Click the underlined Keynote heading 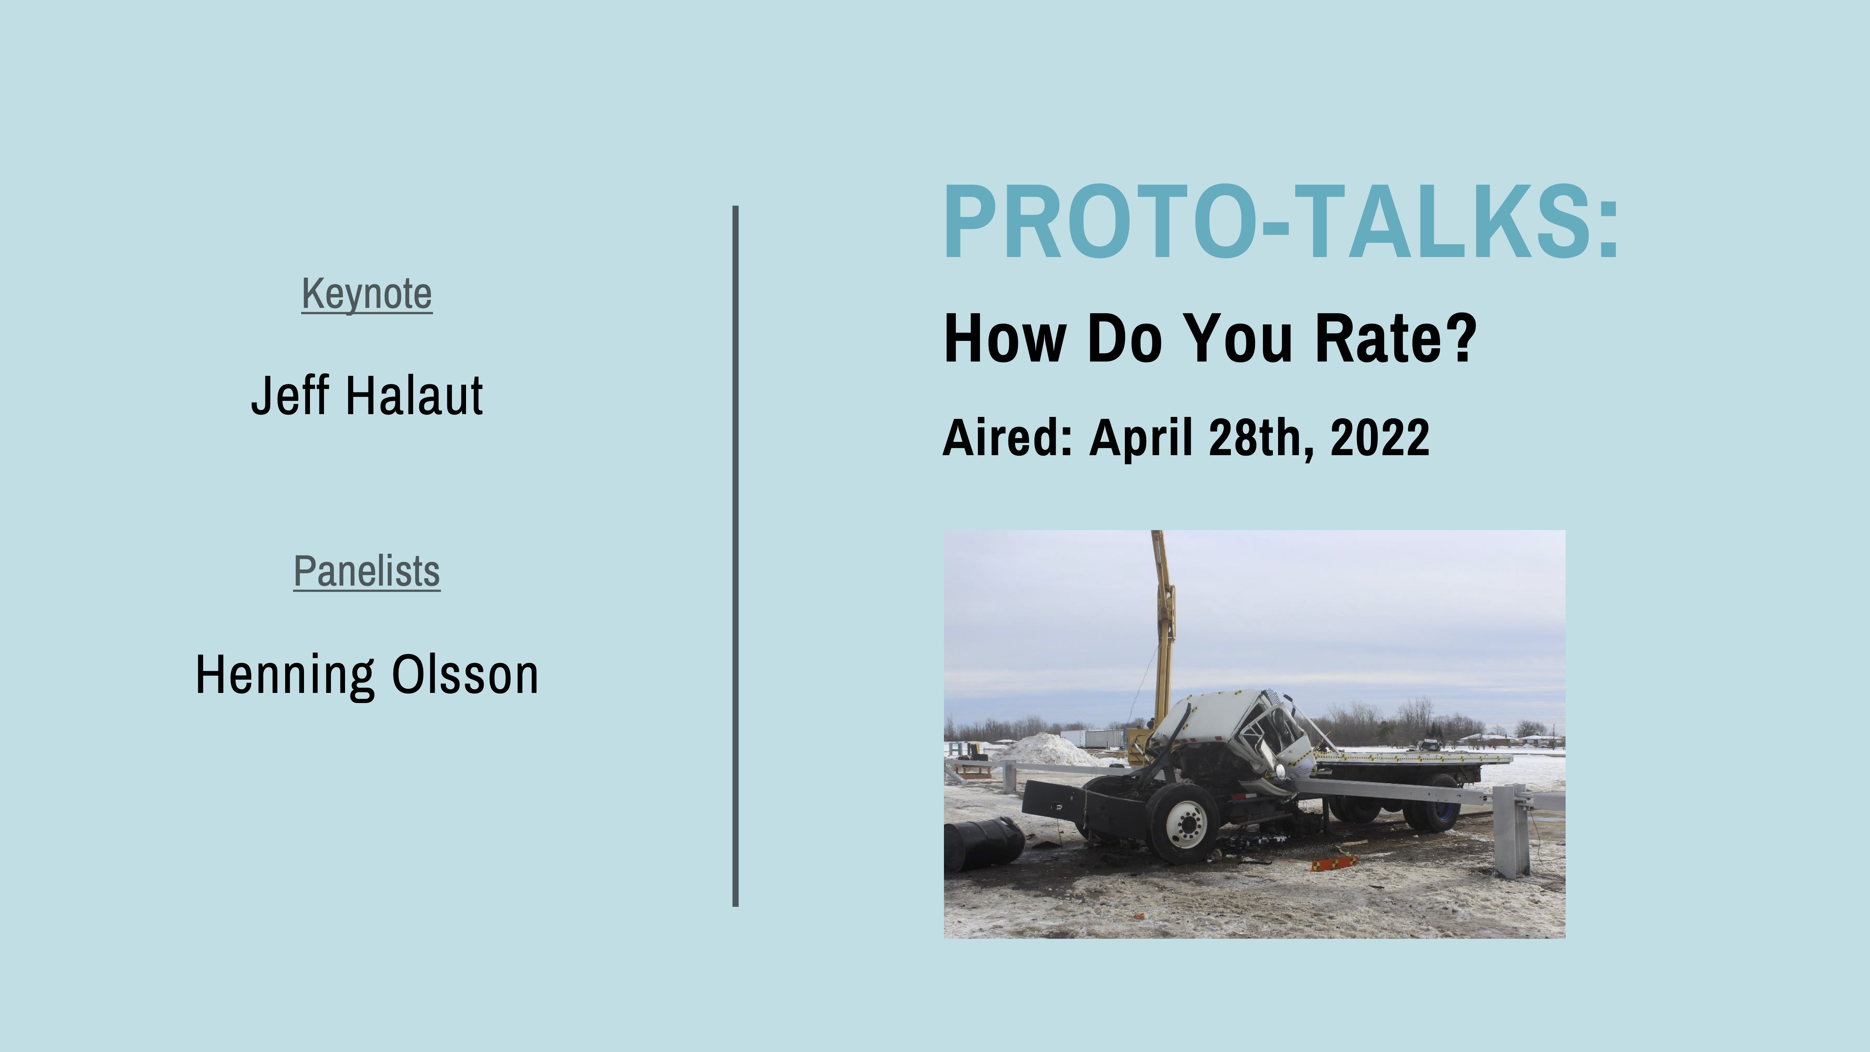pos(366,295)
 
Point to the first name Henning pos(285,675)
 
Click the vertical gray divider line pos(735,556)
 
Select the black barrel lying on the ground pos(984,842)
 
